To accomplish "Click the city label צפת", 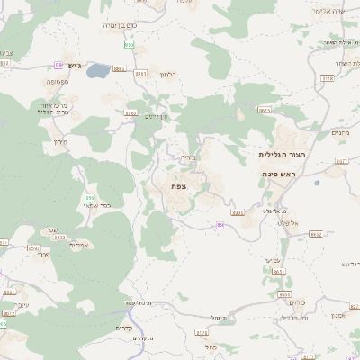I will click(x=178, y=184).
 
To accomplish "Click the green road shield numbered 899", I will click(x=130, y=43).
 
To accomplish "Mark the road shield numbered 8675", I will click(x=265, y=110).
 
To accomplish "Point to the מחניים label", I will click(x=340, y=132).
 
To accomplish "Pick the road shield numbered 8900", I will click(x=238, y=212).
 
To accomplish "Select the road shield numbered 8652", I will click(x=315, y=233).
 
